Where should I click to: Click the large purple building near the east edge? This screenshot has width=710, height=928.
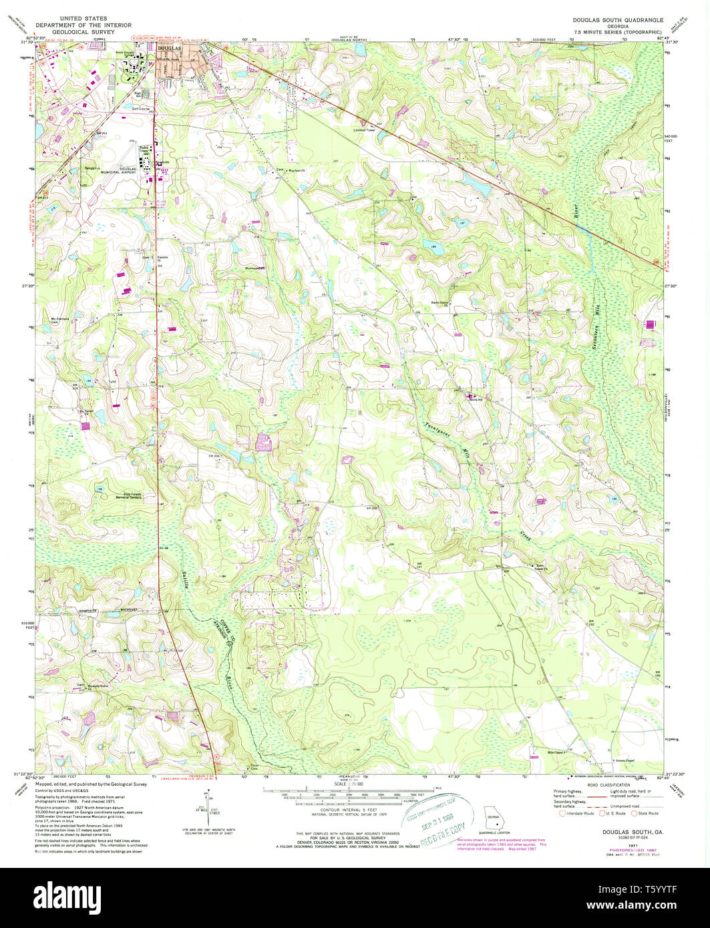[x=650, y=324]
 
